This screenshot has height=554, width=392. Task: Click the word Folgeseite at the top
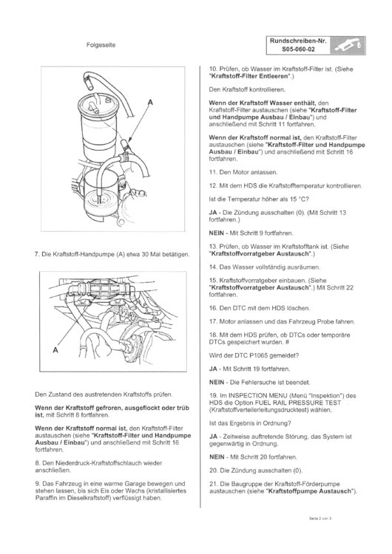(x=101, y=44)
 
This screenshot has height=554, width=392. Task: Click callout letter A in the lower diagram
(x=53, y=352)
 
